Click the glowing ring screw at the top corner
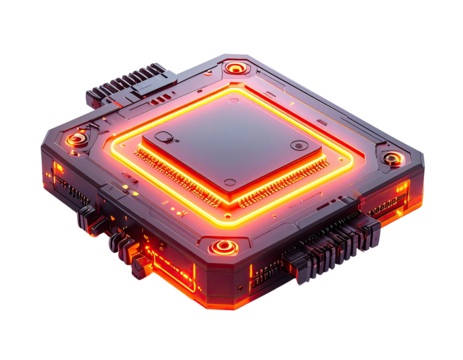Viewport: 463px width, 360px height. pyautogui.click(x=235, y=68)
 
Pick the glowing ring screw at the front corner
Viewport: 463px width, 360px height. pyautogui.click(x=221, y=245)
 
